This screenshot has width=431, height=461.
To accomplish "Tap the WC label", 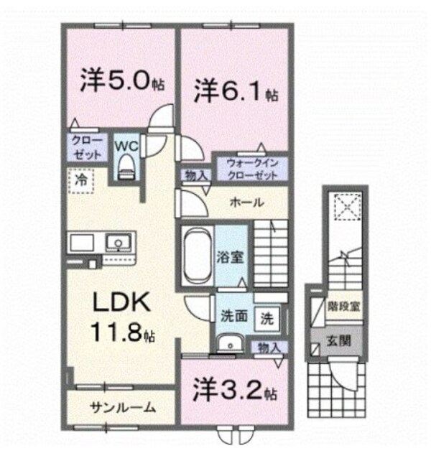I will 127,144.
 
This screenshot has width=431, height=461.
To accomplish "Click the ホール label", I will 246,202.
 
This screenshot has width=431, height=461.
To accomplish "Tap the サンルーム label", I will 122,408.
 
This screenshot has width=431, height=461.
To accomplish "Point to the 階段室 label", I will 345,304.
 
